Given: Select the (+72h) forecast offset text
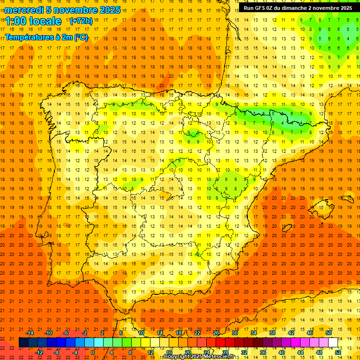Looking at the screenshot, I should [81, 21].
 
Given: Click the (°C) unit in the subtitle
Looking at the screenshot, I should [81, 37].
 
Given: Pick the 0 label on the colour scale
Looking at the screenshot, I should [93, 352].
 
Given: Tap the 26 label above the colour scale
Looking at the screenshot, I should [216, 333].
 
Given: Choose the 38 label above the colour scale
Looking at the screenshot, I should [272, 333].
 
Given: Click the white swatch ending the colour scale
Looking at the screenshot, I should [333, 343].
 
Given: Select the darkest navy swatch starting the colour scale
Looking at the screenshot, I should [23, 343].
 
